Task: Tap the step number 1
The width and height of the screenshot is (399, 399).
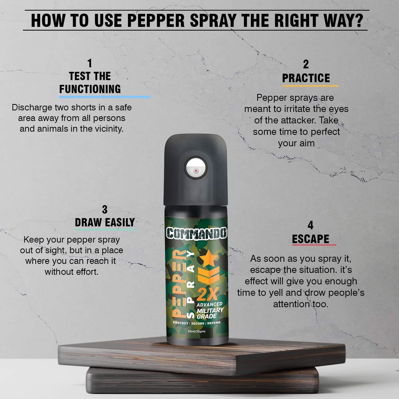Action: coord(90,64)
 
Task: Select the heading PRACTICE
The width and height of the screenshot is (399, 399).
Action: coord(306,78)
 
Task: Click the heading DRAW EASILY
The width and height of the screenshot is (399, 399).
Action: coord(105,222)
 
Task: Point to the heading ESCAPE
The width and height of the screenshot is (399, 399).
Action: coord(310,239)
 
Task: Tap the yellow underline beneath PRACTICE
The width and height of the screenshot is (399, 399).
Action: coord(310,86)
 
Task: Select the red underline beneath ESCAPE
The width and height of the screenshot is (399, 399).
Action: coord(314,245)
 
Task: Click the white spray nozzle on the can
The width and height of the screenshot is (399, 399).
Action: coord(196,170)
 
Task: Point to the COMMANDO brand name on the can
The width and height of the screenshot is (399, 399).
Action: coord(197,233)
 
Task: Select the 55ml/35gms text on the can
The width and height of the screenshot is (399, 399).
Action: coord(197,331)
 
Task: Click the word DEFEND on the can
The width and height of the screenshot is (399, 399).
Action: coord(214,323)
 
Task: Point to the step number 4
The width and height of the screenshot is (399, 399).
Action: coord(310,226)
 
